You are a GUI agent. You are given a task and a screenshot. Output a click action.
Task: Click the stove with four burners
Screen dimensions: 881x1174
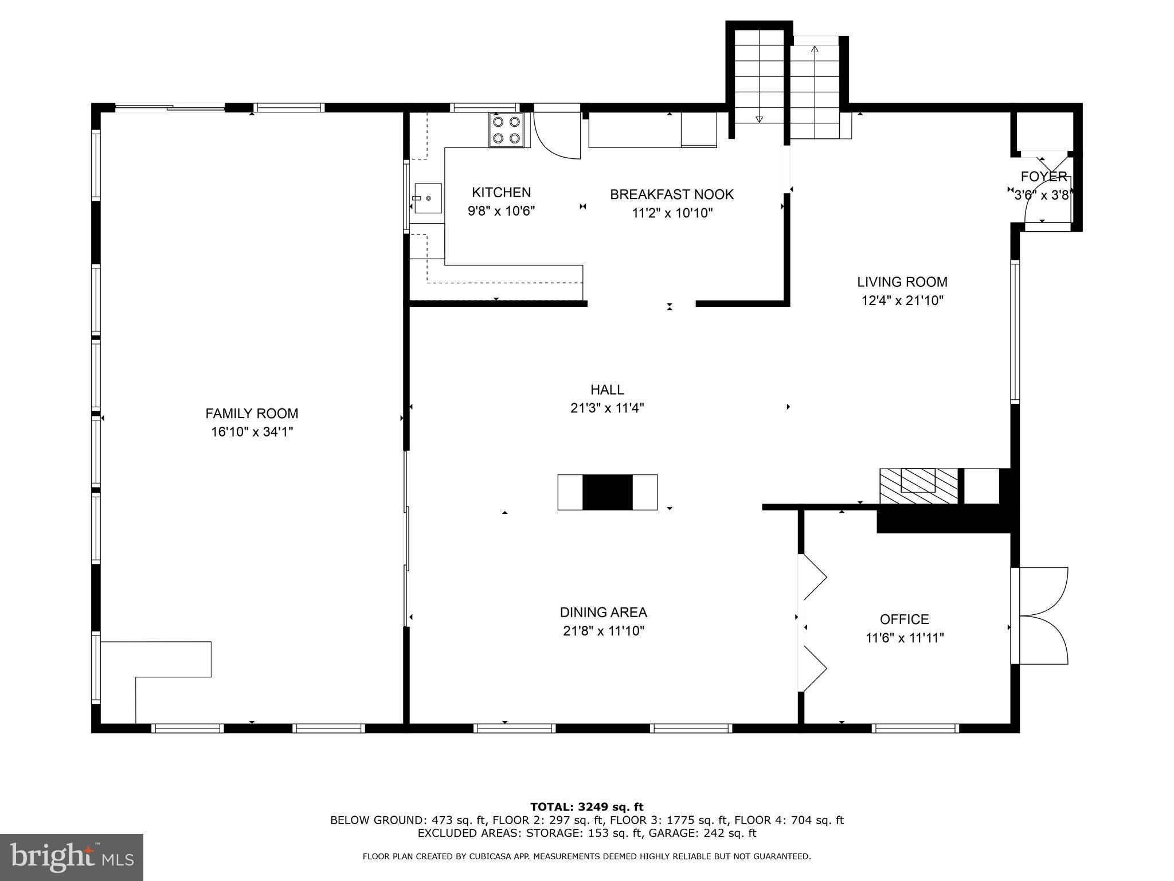click(x=507, y=130)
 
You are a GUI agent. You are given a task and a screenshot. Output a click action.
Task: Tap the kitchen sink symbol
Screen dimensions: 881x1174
click(x=428, y=198)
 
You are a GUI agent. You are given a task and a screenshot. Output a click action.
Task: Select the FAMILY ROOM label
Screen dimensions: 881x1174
click(x=252, y=413)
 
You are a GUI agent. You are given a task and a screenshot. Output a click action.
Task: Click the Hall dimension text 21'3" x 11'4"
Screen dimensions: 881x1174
click(x=607, y=408)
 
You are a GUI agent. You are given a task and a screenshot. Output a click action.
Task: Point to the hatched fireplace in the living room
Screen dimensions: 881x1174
click(x=918, y=486)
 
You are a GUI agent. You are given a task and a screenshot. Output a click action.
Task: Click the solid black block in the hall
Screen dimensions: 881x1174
click(x=607, y=492)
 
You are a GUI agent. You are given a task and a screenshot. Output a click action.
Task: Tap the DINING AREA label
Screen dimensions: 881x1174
click(x=603, y=612)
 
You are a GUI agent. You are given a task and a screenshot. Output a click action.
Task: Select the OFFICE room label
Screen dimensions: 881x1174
click(x=904, y=619)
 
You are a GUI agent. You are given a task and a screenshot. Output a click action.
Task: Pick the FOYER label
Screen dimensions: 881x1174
click(x=1043, y=177)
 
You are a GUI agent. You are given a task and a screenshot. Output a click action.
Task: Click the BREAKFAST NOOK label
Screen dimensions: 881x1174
click(x=671, y=194)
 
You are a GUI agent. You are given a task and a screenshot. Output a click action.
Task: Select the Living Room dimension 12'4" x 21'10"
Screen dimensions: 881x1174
click(x=902, y=300)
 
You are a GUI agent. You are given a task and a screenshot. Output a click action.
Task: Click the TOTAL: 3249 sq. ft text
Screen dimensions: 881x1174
click(x=586, y=807)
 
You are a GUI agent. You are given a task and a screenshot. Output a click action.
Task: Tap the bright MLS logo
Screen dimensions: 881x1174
click(x=71, y=857)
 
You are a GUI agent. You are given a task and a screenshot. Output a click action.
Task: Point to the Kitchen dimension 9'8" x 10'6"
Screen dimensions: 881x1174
click(x=501, y=211)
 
